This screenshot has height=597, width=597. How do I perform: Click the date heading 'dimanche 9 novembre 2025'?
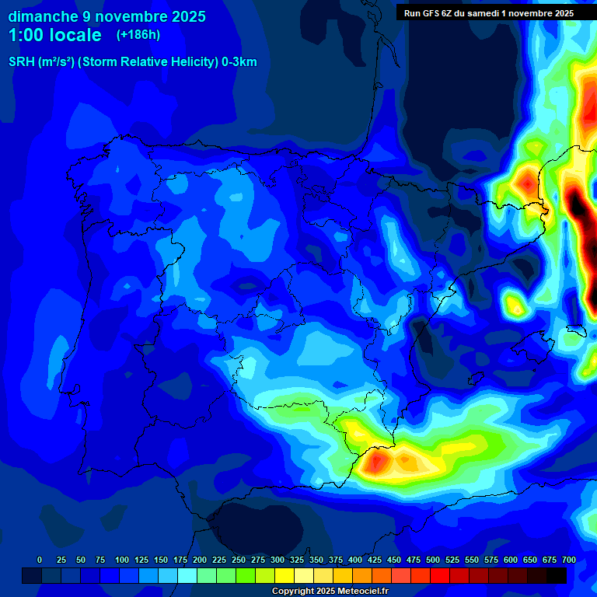click(106, 16)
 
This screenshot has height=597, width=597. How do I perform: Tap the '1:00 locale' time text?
click(54, 35)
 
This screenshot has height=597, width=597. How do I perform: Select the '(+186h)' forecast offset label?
click(138, 35)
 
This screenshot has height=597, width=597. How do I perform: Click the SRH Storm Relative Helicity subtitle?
click(132, 62)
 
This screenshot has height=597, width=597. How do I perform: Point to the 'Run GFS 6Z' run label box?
click(488, 12)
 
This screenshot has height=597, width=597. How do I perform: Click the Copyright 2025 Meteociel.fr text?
click(330, 591)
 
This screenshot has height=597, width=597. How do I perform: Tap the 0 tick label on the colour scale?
click(40, 560)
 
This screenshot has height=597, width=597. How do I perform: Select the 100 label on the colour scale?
click(121, 560)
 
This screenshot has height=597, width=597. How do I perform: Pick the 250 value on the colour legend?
click(239, 560)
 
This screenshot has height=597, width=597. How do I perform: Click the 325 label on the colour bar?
click(297, 560)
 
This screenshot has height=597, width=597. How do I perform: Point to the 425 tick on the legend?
click(375, 560)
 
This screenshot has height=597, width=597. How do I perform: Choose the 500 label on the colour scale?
click(433, 560)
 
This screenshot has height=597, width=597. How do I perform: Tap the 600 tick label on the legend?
click(511, 560)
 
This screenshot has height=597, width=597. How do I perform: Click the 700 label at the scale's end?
click(568, 560)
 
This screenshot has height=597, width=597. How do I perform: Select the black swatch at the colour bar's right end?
click(557, 575)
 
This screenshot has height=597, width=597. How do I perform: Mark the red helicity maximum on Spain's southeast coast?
click(379, 462)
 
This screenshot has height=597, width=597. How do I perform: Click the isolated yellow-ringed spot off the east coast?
click(514, 304)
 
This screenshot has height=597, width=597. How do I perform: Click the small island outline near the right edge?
click(575, 330)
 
